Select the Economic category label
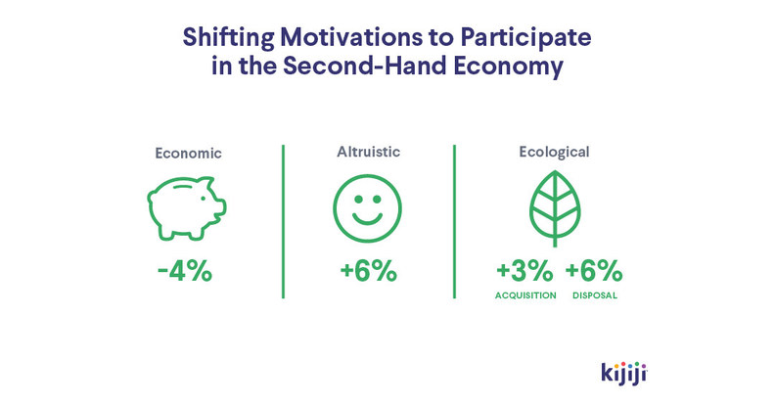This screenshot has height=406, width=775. (188, 154)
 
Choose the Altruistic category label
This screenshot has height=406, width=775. (368, 152)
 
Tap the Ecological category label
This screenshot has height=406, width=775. (553, 153)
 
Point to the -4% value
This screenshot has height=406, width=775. (184, 270)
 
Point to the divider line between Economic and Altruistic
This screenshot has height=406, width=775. (283, 221)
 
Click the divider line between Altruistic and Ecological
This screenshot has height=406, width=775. (454, 221)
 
